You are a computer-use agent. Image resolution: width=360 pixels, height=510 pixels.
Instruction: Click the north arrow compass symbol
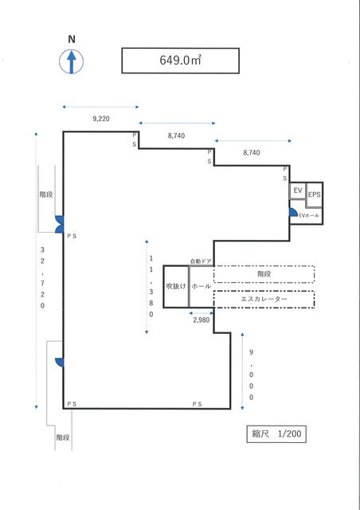71,61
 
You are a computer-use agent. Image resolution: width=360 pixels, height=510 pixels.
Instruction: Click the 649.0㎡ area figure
181,61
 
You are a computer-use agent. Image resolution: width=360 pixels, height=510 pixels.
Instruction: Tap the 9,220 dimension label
101,119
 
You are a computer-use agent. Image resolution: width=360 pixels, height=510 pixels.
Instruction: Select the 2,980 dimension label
202,320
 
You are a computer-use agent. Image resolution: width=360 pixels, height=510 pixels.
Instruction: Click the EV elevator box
298,190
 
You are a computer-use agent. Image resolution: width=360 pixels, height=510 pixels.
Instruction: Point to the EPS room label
314,194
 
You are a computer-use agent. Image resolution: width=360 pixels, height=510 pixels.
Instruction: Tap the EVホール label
309,215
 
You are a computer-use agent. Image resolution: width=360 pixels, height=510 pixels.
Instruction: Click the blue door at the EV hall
293,213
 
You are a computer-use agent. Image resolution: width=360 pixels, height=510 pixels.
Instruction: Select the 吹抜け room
176,287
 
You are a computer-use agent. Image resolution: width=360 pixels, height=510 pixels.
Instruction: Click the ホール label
201,287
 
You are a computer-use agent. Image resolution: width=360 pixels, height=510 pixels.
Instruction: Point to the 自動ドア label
201,261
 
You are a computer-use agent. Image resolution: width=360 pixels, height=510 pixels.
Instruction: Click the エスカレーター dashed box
264,300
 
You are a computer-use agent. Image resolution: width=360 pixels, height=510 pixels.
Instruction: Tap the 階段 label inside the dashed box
264,274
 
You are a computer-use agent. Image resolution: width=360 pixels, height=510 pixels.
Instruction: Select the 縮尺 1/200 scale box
276,433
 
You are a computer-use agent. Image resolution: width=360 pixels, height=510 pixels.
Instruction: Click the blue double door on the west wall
59,225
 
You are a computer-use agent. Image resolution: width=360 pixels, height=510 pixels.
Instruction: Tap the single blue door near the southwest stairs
60,363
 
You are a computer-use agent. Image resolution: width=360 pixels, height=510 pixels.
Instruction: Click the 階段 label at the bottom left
63,437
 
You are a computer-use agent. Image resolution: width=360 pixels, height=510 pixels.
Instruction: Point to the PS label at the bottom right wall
197,404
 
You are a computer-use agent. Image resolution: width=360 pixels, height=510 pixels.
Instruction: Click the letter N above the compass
72,39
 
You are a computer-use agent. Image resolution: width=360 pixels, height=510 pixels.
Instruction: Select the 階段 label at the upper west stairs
46,194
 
